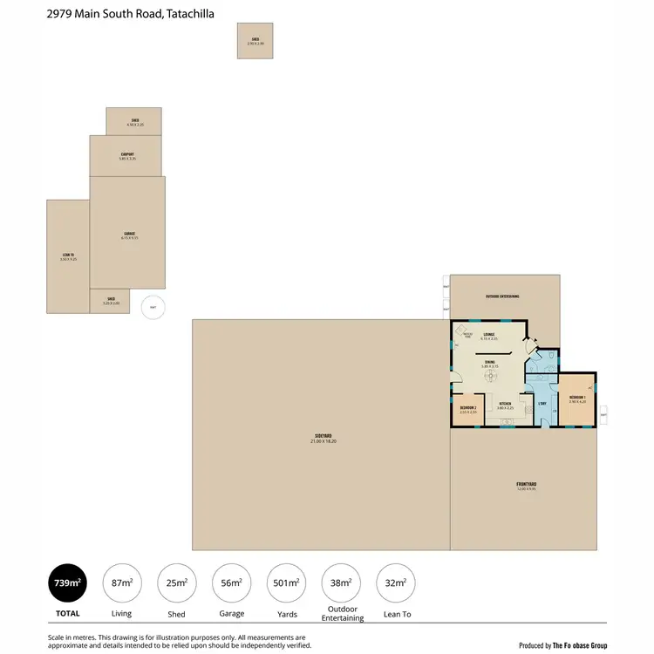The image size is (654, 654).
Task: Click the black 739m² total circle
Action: pyautogui.click(x=67, y=583)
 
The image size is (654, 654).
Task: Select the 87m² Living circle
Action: pyautogui.click(x=123, y=583)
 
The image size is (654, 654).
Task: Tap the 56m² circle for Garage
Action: pyautogui.click(x=231, y=583)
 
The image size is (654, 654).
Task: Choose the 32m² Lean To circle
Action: pyautogui.click(x=395, y=583)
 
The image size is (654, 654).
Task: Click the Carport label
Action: pyautogui.click(x=127, y=154)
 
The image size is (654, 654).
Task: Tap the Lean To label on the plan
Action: pyautogui.click(x=68, y=255)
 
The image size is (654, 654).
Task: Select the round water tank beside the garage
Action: pyautogui.click(x=153, y=306)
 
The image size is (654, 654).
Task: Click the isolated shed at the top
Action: pyautogui.click(x=255, y=40)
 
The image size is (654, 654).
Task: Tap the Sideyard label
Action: pyautogui.click(x=321, y=436)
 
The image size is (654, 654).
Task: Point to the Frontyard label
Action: pyautogui.click(x=525, y=484)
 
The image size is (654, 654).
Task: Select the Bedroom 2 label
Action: pyautogui.click(x=468, y=407)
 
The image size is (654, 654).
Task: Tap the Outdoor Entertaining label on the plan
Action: pyautogui.click(x=502, y=296)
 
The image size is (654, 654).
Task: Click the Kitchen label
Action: pyautogui.click(x=504, y=405)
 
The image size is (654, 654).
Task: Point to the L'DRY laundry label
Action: pyautogui.click(x=542, y=403)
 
